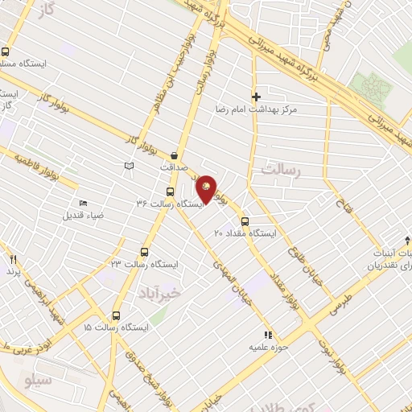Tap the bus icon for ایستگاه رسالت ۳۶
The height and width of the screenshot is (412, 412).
pos(170,192)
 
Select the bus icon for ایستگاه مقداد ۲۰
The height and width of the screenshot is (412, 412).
pos(245,220)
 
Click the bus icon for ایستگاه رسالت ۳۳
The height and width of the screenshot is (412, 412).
pos(145,250)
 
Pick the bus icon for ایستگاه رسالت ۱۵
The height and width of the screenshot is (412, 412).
pos(117,315)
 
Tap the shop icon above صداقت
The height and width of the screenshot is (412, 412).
pos(175,155)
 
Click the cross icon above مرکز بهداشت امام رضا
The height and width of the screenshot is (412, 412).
pos(256,96)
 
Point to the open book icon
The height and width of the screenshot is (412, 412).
pos(127,166)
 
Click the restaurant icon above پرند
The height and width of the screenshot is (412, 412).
pos(13,259)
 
